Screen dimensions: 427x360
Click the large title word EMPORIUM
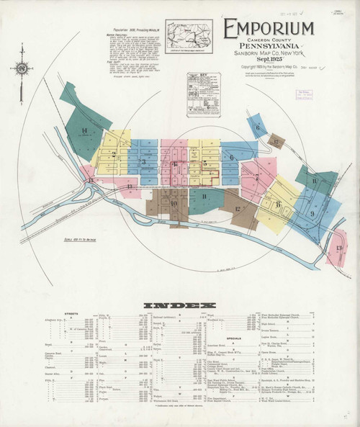point(269,29)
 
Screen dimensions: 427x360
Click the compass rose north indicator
point(22,69)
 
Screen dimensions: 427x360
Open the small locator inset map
point(189,36)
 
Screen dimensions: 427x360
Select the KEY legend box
point(204,94)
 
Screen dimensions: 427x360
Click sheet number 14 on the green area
point(84,130)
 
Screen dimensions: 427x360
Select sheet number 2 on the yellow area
point(114,153)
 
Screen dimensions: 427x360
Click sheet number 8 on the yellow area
point(278,204)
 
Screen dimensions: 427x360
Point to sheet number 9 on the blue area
point(312,214)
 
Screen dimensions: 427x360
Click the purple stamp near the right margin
point(304,94)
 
